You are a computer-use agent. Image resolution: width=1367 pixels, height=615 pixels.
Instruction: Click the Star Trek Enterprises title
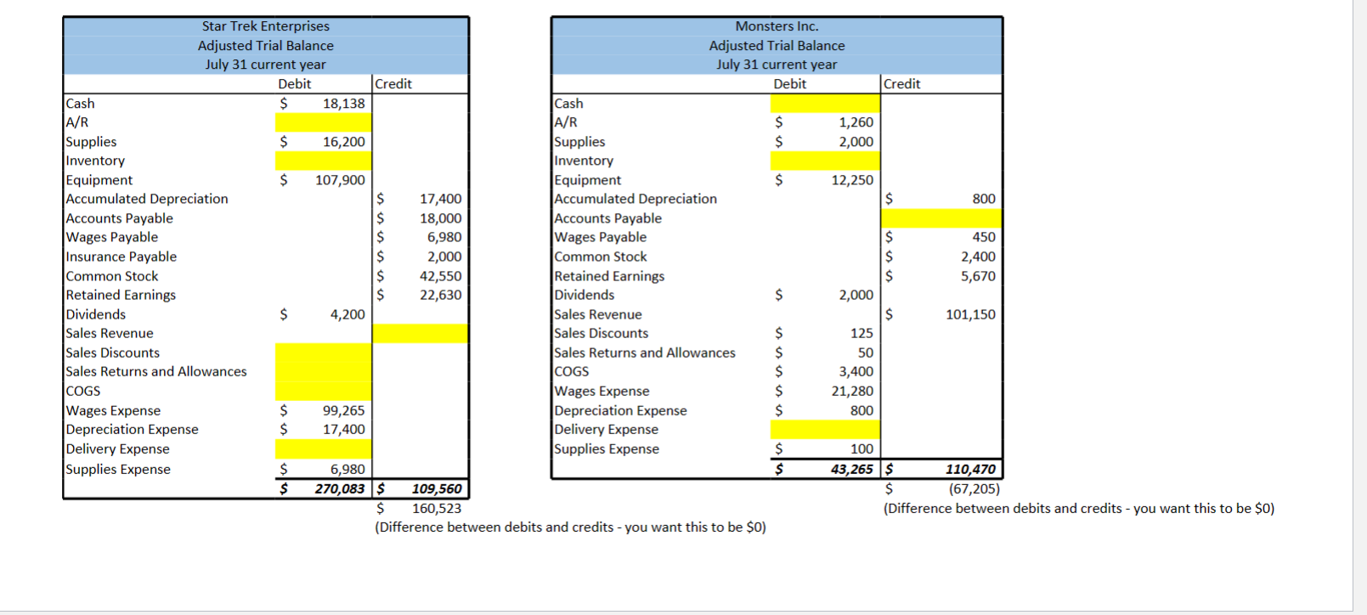click(x=265, y=26)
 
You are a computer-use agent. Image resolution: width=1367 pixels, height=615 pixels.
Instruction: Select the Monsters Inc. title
click(x=777, y=26)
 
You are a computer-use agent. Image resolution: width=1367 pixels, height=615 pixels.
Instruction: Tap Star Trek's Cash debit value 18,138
click(x=343, y=104)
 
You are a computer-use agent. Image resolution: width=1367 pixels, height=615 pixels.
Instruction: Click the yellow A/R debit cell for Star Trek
click(x=323, y=122)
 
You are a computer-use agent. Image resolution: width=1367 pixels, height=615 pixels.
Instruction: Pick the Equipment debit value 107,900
click(x=340, y=180)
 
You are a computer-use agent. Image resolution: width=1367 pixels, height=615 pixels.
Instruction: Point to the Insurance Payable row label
click(x=121, y=257)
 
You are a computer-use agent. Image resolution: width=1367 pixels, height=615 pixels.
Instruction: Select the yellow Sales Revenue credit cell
click(x=420, y=333)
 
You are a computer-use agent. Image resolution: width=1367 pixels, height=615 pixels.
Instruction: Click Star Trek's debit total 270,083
click(x=339, y=489)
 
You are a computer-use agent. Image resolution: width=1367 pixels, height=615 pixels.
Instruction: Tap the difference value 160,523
click(x=437, y=509)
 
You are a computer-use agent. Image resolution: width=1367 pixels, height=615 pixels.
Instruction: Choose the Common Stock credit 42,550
click(x=440, y=276)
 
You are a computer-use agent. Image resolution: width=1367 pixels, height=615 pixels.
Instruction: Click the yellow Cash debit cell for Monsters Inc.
click(x=825, y=104)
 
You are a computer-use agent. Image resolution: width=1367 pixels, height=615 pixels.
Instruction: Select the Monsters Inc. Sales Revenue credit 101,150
click(x=970, y=314)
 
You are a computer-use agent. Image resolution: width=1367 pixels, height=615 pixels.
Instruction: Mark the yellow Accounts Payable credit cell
click(x=942, y=218)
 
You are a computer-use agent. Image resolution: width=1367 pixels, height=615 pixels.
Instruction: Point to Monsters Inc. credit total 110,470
click(x=970, y=469)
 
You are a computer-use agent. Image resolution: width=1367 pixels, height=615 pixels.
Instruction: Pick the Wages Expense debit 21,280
click(x=852, y=391)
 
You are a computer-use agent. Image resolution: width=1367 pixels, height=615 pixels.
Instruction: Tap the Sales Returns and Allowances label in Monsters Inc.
click(x=645, y=353)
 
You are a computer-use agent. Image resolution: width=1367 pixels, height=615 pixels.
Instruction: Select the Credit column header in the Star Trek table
click(x=393, y=84)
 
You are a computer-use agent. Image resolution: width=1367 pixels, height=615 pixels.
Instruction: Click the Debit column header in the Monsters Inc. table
click(x=789, y=84)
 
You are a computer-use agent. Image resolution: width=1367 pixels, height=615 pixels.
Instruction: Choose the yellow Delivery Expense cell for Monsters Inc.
click(x=825, y=430)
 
